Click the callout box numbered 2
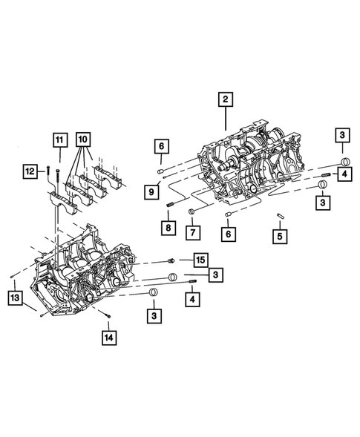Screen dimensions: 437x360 (225, 98)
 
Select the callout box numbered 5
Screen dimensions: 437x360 (280, 237)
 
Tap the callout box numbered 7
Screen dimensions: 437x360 (192, 233)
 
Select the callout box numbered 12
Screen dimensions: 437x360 (30, 171)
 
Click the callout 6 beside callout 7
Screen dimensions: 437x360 (227, 233)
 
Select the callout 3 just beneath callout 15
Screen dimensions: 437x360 (215, 275)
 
